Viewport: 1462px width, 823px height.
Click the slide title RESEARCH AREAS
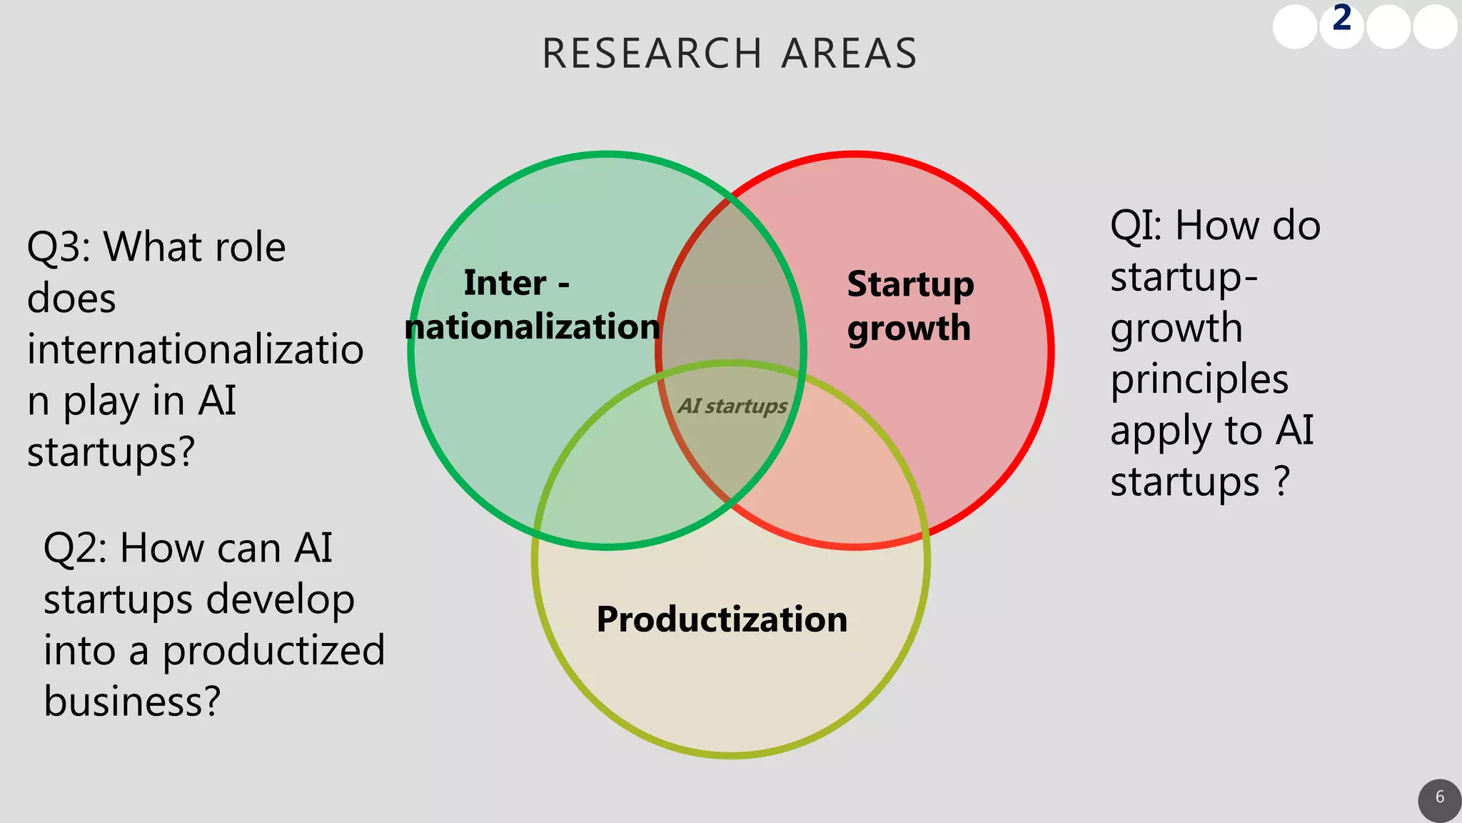click(730, 54)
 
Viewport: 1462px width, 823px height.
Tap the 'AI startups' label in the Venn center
click(732, 406)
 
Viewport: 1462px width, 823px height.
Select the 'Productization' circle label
click(722, 619)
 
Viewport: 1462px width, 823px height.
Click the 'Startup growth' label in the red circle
click(910, 306)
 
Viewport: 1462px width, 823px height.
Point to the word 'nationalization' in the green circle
click(533, 327)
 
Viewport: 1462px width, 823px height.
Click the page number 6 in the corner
click(1439, 797)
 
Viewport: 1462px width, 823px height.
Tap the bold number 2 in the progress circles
click(1342, 19)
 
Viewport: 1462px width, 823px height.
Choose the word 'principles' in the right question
click(1199, 380)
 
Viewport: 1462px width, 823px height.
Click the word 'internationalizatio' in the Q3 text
click(195, 350)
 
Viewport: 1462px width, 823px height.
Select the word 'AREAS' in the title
click(849, 54)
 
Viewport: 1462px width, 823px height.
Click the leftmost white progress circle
click(1295, 27)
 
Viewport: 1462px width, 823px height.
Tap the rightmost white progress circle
click(1435, 27)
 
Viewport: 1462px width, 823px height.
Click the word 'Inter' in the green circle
click(505, 283)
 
